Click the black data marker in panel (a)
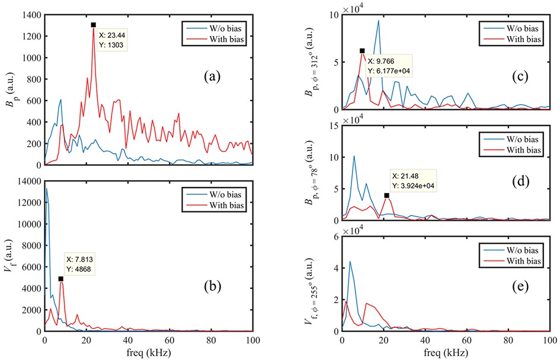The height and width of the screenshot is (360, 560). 93,25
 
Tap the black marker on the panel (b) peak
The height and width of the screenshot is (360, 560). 60,278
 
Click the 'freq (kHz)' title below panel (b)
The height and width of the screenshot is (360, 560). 149,350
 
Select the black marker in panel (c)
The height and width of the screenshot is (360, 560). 361,51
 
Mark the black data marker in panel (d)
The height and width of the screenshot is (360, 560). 386,195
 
